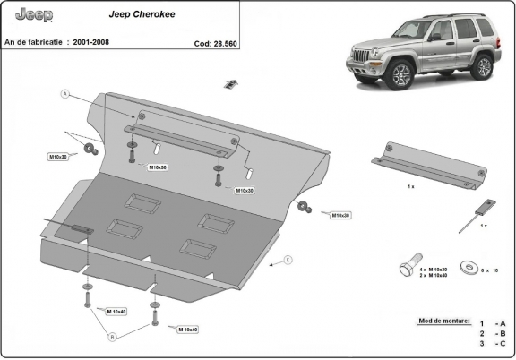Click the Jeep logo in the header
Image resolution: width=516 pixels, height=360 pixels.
35,15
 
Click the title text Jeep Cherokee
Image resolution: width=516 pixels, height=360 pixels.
136,14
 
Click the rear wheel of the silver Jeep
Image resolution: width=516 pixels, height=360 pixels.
483,64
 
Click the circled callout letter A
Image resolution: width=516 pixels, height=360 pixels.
65,93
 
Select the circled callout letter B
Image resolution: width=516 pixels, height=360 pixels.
113,337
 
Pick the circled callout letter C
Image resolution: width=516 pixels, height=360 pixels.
288,261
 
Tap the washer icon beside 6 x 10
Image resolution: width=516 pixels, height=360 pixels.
467,266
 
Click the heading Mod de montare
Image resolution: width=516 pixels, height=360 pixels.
443,319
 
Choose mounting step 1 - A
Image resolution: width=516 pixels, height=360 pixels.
492,323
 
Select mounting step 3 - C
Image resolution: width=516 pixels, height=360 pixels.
492,344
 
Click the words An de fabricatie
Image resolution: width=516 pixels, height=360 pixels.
33,42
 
